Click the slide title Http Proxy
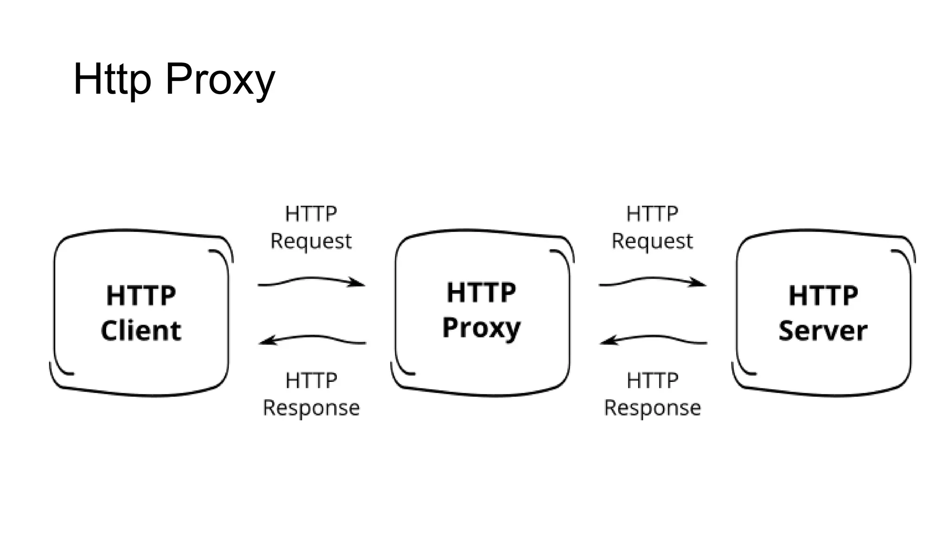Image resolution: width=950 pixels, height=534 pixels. coord(174,80)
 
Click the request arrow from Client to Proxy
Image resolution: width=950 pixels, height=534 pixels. coord(311,280)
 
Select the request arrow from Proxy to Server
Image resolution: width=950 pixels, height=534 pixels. coord(652,280)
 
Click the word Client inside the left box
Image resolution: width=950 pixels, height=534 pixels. coord(141,331)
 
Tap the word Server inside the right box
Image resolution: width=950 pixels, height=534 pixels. coord(823,331)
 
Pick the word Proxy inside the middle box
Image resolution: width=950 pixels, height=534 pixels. coord(481,328)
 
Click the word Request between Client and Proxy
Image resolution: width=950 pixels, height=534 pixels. coord(311,242)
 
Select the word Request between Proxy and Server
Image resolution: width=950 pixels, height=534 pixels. coord(652,242)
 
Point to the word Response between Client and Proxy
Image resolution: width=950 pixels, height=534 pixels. coord(311,408)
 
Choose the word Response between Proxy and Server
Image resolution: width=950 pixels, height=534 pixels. coord(653,408)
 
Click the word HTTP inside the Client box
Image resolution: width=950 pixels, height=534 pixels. coord(141,295)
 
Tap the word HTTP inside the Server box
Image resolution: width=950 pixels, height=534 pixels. coord(823,295)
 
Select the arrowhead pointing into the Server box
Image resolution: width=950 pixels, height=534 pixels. coord(699,282)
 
